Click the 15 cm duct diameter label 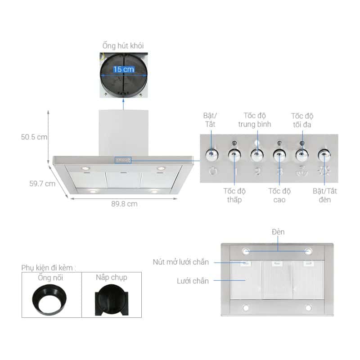123,69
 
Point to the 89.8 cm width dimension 124,203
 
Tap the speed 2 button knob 256,155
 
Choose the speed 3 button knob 279,155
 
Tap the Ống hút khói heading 123,45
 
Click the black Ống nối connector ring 50,299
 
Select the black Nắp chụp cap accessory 111,299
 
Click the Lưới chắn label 193,281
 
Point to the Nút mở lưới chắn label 180,261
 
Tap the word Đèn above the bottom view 278,232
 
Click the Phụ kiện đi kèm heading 49,267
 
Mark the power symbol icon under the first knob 213,171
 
